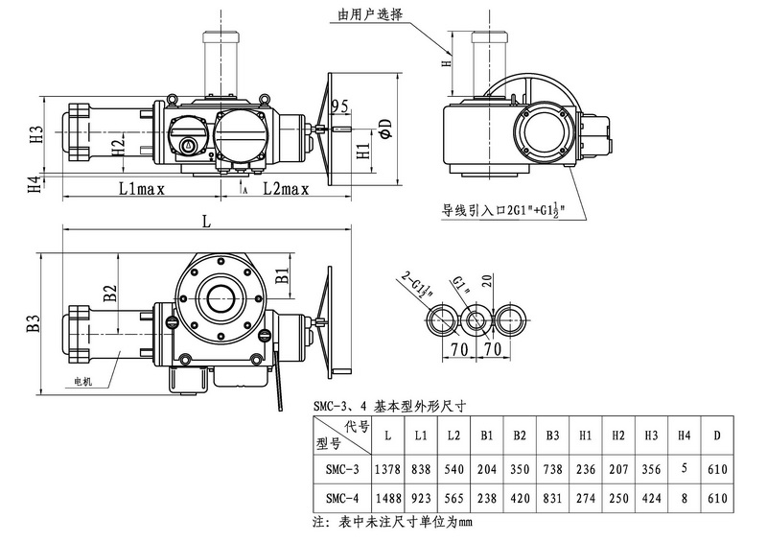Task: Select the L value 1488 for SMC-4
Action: [387, 498]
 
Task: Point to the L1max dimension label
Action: [142, 189]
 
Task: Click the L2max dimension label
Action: [286, 189]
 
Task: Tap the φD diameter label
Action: [383, 128]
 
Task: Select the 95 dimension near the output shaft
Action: [338, 105]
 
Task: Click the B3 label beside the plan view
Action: [34, 323]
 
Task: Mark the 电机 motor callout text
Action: [86, 381]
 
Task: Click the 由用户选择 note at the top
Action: [370, 14]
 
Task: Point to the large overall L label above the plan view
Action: [207, 221]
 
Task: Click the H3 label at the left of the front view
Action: [36, 134]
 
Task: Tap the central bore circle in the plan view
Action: [218, 299]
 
